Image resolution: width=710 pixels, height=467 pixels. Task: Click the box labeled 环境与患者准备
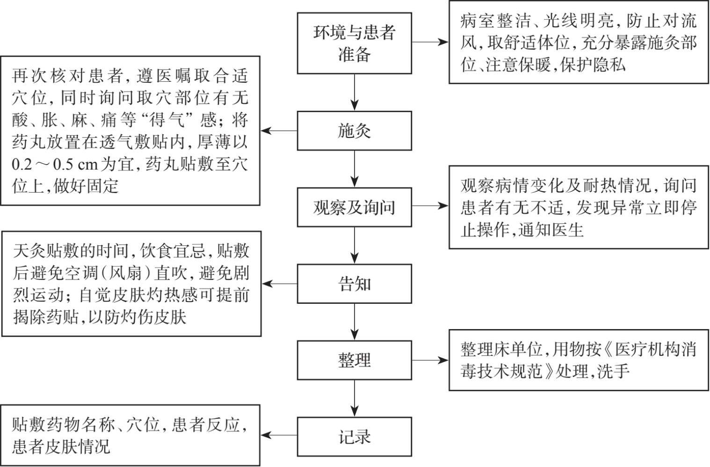click(x=354, y=43)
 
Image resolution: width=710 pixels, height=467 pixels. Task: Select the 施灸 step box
click(x=354, y=131)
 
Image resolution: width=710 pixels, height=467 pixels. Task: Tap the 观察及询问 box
click(x=354, y=207)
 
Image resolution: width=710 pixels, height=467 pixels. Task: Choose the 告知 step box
click(x=354, y=284)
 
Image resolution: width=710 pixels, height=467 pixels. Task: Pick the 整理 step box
click(x=354, y=360)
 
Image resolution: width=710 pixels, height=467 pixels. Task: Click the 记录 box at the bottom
click(x=354, y=437)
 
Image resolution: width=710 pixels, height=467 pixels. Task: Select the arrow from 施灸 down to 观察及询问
click(x=355, y=169)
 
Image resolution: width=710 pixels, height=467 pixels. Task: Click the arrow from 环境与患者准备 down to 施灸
click(x=355, y=92)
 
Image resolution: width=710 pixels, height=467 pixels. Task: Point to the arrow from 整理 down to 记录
click(x=355, y=398)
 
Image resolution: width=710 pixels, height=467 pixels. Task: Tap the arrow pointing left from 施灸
click(x=279, y=131)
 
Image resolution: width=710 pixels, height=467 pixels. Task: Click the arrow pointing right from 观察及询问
click(x=430, y=205)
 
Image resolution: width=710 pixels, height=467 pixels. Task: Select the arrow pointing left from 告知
click(x=280, y=284)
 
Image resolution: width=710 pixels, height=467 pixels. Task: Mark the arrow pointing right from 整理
click(x=430, y=360)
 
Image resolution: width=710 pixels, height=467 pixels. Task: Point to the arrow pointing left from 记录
click(x=279, y=435)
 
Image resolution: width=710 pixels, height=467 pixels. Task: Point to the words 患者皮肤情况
click(x=61, y=446)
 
